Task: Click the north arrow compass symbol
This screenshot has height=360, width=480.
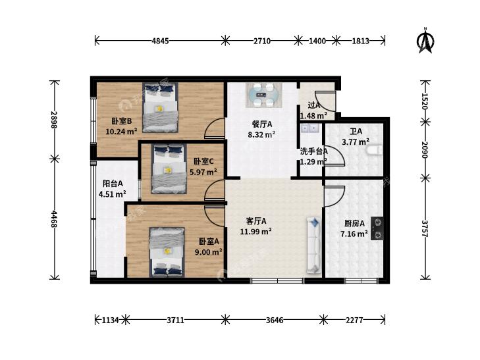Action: pyautogui.click(x=425, y=40)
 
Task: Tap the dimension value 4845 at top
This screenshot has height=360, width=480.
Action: pyautogui.click(x=160, y=41)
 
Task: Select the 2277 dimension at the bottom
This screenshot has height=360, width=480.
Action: pyautogui.click(x=354, y=321)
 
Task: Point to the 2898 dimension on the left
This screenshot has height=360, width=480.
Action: pyautogui.click(x=54, y=120)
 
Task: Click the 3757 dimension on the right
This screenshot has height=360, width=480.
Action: pyautogui.click(x=425, y=228)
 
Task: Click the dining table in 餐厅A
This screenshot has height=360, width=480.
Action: pyautogui.click(x=263, y=95)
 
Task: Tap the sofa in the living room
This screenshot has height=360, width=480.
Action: pyautogui.click(x=314, y=245)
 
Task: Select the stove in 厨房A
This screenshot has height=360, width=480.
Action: pyautogui.click(x=377, y=228)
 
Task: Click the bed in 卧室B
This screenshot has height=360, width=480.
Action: pyautogui.click(x=161, y=108)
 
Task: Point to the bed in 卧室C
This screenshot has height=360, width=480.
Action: pyautogui.click(x=169, y=169)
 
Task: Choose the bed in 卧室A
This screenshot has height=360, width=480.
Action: pyautogui.click(x=167, y=252)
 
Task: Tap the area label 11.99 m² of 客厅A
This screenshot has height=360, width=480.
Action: pyautogui.click(x=255, y=232)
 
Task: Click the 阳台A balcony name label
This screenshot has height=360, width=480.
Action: pyautogui.click(x=113, y=184)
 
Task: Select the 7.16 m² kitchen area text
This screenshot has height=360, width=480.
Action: pyautogui.click(x=354, y=234)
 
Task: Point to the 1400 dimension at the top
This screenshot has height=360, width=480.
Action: pyautogui.click(x=317, y=41)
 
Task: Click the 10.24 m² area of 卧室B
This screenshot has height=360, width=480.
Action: pyautogui.click(x=121, y=132)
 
